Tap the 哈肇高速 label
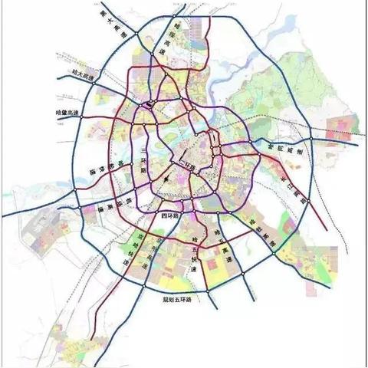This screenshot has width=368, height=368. tap(68, 113)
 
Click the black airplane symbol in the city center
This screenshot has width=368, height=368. tap(168, 179)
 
